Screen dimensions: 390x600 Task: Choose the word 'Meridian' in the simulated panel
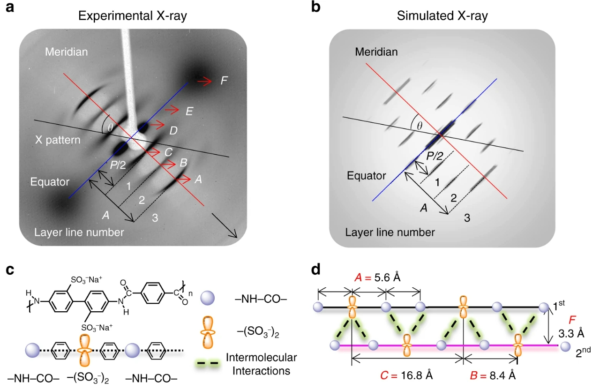(x=376, y=52)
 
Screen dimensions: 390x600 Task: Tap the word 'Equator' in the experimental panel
(x=50, y=181)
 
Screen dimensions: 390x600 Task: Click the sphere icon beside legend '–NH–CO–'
(x=208, y=299)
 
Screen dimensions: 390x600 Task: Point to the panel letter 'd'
(x=317, y=270)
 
